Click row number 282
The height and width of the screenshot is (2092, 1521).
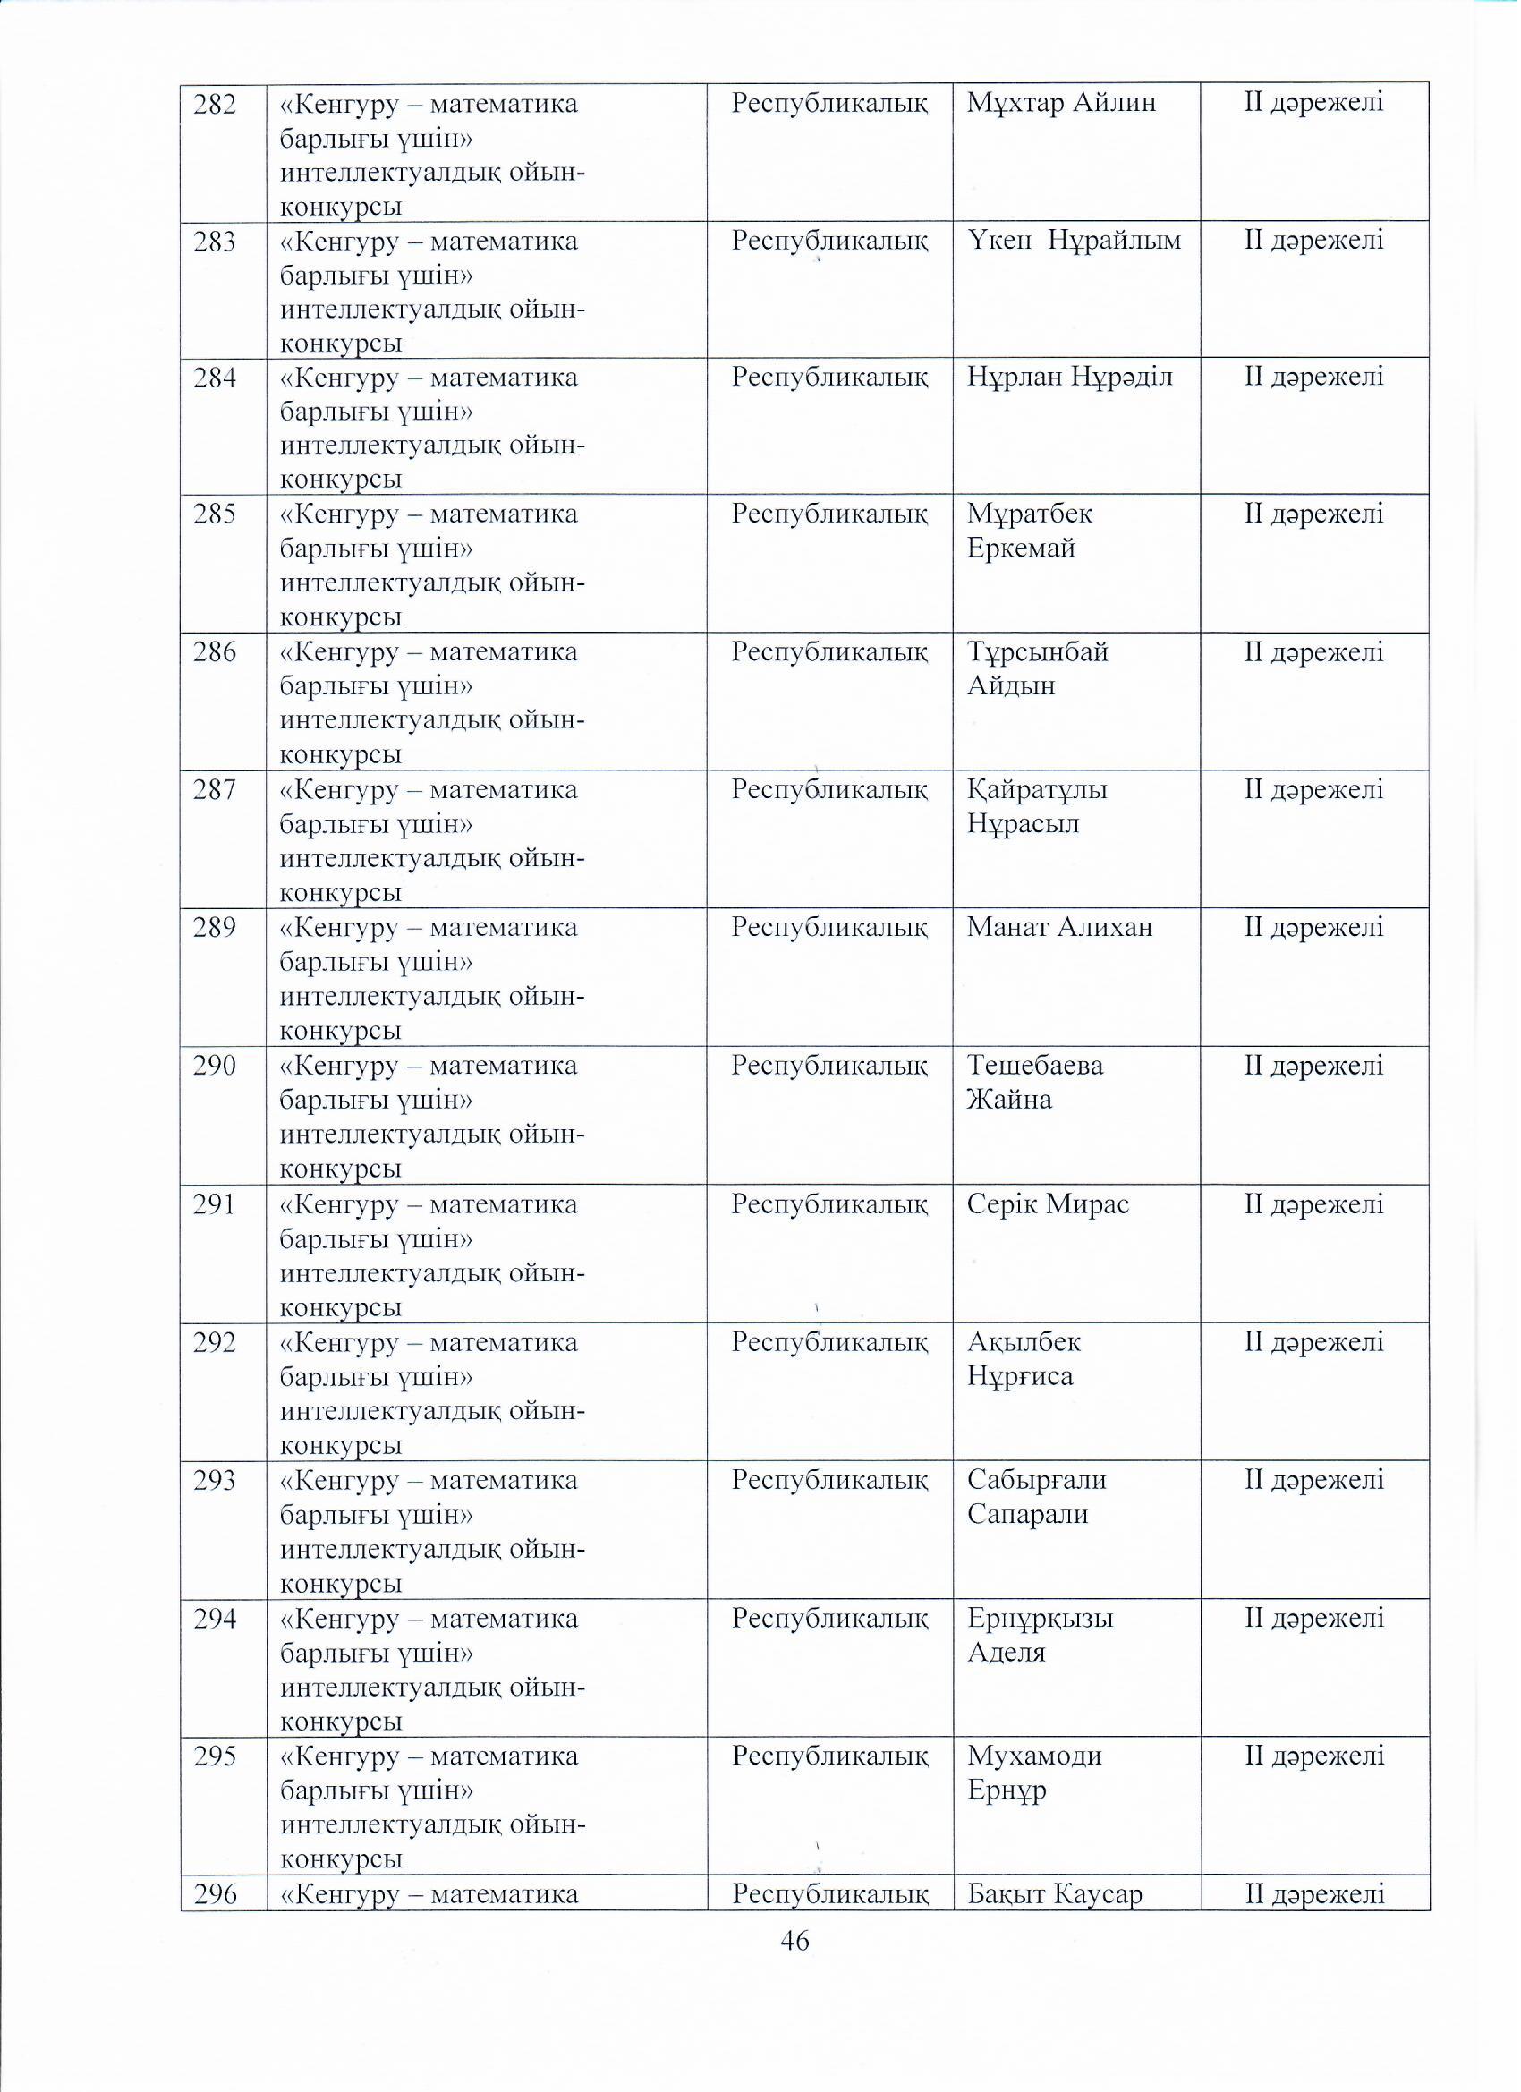(214, 104)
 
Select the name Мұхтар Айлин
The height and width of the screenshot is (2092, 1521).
(1061, 102)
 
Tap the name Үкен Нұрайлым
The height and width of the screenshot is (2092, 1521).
(1074, 241)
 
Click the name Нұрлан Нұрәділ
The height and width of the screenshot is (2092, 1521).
(1069, 378)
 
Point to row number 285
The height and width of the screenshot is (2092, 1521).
(214, 514)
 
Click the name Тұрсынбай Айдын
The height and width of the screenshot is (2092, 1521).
(1037, 668)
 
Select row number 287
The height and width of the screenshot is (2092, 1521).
(214, 790)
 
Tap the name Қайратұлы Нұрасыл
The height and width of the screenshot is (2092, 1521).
(1037, 806)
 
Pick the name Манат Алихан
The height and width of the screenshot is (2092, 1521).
(1059, 927)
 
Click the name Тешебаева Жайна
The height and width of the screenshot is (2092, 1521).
(1034, 1082)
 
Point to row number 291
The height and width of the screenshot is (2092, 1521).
(214, 1204)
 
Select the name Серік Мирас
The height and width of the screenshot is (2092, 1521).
(1048, 1204)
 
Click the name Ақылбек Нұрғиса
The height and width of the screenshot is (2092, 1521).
(1023, 1358)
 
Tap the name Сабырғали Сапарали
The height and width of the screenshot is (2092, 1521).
(1036, 1497)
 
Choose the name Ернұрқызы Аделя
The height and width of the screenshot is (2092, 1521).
(1040, 1635)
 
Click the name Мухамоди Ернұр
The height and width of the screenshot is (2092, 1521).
(1034, 1772)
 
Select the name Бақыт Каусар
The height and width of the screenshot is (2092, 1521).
(1054, 1894)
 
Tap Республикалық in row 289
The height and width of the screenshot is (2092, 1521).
(829, 927)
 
